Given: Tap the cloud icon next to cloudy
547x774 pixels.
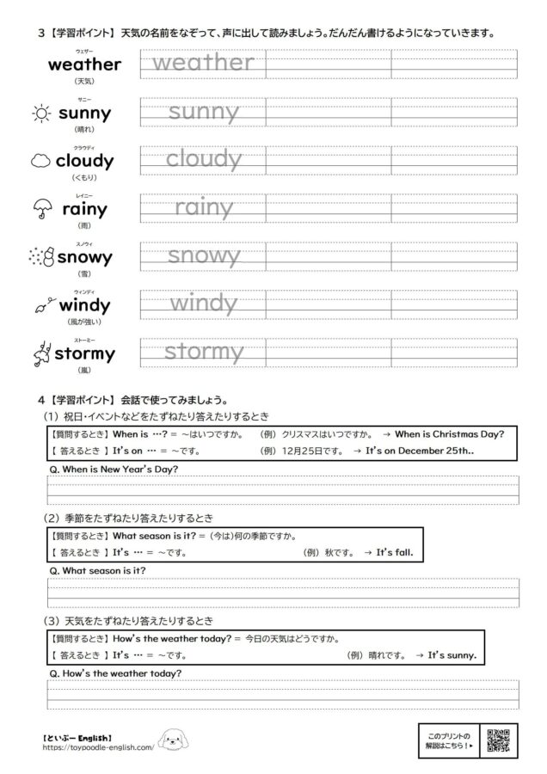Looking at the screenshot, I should point(40,161).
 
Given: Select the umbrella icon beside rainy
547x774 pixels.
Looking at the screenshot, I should point(40,209).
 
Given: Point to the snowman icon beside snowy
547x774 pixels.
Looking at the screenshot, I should point(41,257).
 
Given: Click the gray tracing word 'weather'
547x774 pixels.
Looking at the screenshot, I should point(203,63).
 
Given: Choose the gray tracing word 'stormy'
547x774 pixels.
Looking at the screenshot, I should point(203,352).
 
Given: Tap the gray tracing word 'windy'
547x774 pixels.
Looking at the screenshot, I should point(203,304).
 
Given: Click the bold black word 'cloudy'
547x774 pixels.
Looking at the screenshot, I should point(84,161).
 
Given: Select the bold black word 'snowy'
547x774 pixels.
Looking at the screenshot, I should point(84,257).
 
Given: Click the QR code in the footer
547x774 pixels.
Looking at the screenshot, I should point(499,740).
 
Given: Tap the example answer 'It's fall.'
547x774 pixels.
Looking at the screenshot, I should point(395,551).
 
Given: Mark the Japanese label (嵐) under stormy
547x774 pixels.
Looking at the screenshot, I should point(83,371).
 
